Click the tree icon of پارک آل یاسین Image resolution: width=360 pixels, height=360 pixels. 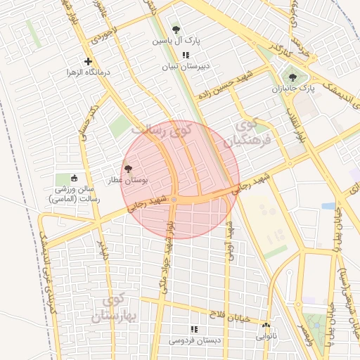(176, 30)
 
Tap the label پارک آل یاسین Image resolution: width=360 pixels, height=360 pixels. (178, 41)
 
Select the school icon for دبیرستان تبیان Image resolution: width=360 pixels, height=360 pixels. (185, 55)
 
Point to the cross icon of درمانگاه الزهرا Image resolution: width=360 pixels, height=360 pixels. (88, 61)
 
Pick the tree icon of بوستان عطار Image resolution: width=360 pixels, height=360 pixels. (128, 169)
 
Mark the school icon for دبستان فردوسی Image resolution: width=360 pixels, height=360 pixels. (194, 329)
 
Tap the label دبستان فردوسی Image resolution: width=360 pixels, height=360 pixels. (193, 341)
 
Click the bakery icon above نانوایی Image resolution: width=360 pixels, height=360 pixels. (266, 325)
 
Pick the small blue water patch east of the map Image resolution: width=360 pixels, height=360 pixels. (328, 206)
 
